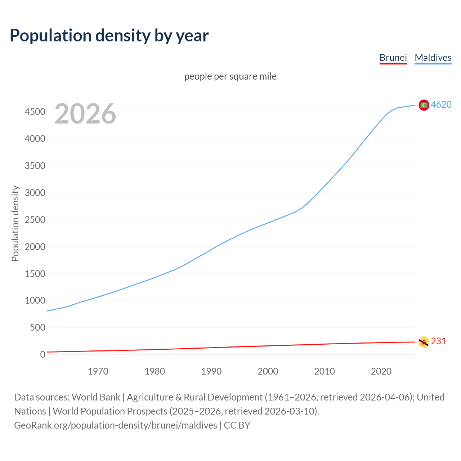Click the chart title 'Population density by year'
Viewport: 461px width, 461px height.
click(109, 36)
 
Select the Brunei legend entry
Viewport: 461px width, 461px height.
click(393, 58)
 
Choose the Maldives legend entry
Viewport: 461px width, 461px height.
click(433, 58)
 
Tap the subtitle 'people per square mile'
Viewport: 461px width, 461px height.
click(230, 76)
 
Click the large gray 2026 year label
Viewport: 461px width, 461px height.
click(85, 114)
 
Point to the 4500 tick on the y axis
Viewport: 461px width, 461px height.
click(35, 112)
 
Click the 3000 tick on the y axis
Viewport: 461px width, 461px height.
click(35, 193)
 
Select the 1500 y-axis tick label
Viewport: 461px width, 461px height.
click(35, 274)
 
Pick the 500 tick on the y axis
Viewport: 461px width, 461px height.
click(37, 328)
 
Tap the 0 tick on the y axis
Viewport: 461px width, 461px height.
click(42, 355)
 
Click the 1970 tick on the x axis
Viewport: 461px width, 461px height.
click(98, 371)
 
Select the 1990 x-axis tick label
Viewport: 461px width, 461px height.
click(211, 371)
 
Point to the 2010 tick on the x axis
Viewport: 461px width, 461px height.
click(325, 371)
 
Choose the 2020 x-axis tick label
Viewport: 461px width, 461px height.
click(381, 371)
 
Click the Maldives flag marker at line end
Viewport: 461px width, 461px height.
click(424, 105)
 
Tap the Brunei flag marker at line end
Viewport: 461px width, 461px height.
click(424, 342)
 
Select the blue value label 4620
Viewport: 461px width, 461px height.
click(441, 104)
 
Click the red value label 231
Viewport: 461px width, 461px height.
click(438, 341)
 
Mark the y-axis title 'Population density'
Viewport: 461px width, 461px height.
click(15, 223)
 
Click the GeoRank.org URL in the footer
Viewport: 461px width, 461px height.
click(116, 425)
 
